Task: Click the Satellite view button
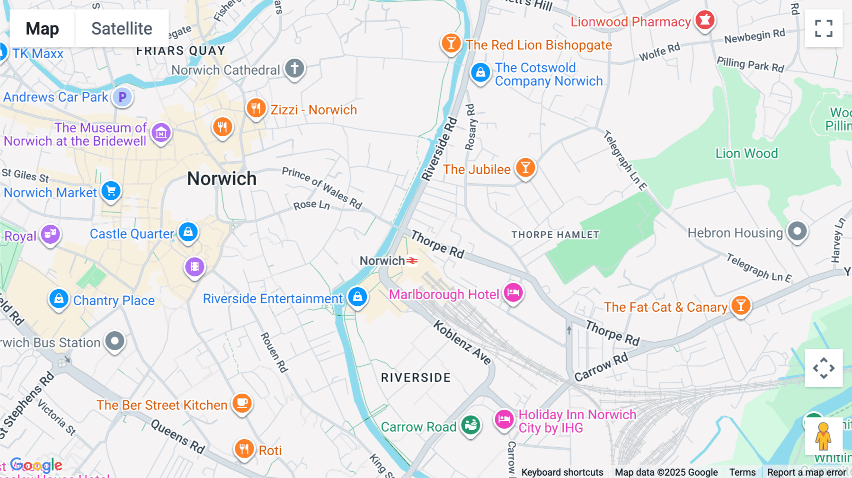(122, 28)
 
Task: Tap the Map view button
(42, 28)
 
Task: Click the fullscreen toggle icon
(824, 28)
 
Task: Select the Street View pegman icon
(823, 436)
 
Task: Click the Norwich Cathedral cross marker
(294, 69)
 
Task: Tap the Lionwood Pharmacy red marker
(705, 20)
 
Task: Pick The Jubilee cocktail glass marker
(525, 168)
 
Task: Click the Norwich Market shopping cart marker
(111, 191)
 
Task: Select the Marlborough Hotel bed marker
(513, 292)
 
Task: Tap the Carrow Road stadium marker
(470, 425)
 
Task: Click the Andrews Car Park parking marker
(123, 97)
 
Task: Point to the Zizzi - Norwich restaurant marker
(256, 108)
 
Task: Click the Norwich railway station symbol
(412, 261)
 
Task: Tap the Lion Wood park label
(746, 153)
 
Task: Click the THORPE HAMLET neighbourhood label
(555, 235)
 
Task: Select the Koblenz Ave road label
(462, 343)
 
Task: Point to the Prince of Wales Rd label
(322, 188)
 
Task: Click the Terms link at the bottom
(742, 472)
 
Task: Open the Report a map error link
(807, 472)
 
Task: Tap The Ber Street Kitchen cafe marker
(242, 403)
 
